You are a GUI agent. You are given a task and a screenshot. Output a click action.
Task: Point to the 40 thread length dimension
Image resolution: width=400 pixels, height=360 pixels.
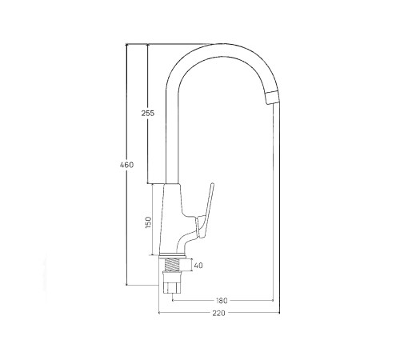198,266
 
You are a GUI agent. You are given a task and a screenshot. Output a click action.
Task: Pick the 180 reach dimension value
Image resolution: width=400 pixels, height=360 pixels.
222,300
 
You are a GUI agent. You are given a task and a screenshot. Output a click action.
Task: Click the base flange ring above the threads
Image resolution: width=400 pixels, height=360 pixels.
174,255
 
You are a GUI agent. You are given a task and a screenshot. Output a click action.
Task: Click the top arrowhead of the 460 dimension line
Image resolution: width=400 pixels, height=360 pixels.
126,46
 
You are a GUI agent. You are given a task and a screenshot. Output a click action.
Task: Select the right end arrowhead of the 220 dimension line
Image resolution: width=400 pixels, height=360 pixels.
276,314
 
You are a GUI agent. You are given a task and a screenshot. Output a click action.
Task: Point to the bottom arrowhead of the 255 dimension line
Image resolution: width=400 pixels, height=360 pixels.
147,183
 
